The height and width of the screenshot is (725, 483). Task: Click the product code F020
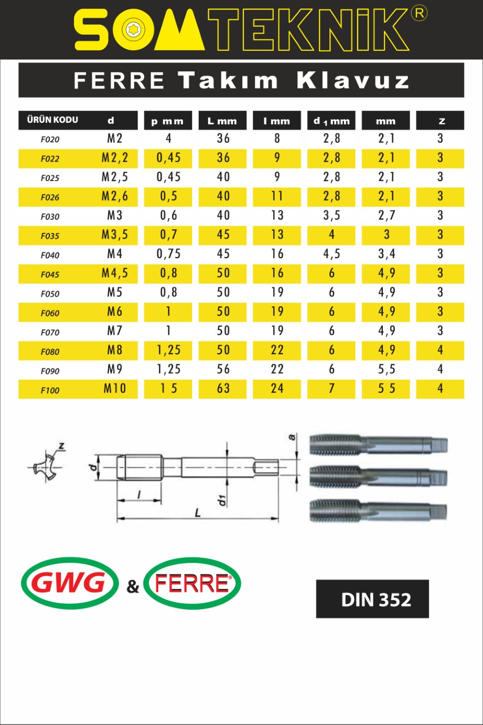pyautogui.click(x=50, y=140)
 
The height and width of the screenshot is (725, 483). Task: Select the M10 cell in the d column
pyautogui.click(x=114, y=388)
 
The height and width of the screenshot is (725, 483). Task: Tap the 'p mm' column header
pyautogui.click(x=168, y=121)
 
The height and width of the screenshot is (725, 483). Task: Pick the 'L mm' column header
pyautogui.click(x=222, y=121)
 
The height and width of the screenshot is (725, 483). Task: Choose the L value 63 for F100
pyautogui.click(x=223, y=388)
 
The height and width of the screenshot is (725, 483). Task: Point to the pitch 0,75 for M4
pyautogui.click(x=168, y=254)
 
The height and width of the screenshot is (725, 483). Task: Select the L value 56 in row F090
pyautogui.click(x=223, y=369)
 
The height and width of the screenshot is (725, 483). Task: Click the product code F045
pyautogui.click(x=50, y=274)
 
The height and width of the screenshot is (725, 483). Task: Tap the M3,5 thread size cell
pyautogui.click(x=114, y=234)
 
